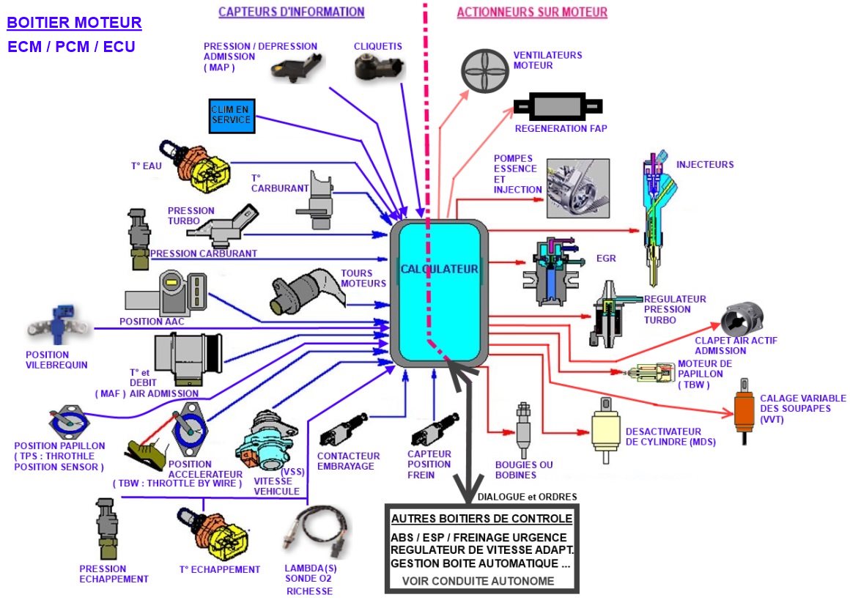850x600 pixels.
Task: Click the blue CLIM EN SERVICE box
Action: (231, 115)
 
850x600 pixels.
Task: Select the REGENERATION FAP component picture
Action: (558, 108)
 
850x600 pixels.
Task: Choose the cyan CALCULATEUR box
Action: (439, 293)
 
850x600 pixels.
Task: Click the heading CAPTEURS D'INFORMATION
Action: (291, 12)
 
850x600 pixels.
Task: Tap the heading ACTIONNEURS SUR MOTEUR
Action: (531, 12)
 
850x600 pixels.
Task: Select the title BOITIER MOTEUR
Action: (74, 23)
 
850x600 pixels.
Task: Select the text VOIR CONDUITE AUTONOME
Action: (478, 581)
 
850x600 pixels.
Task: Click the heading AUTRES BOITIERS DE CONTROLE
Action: (481, 519)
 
